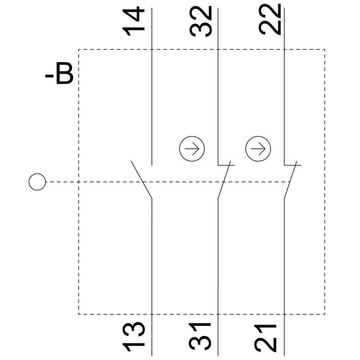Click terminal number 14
[x=133, y=21]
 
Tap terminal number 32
[x=200, y=21]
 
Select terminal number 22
[x=269, y=19]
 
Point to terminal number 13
[x=133, y=337]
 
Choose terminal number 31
[x=200, y=337]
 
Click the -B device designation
[x=59, y=73]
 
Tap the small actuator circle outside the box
[x=37, y=182]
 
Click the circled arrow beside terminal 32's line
[x=192, y=149]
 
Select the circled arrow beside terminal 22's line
[x=258, y=149]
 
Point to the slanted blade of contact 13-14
[x=142, y=179]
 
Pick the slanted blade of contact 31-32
[x=224, y=179]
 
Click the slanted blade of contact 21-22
[x=290, y=179]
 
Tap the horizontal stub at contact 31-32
[x=226, y=165]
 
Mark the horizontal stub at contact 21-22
[x=293, y=165]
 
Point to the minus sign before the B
[x=49, y=76]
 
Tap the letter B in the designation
[x=65, y=73]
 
